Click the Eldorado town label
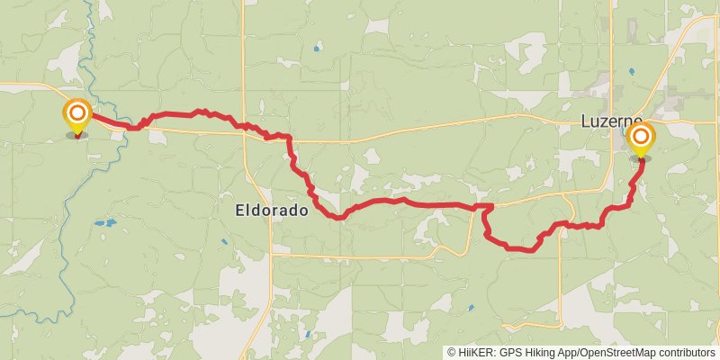(x=271, y=211)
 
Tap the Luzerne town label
(x=612, y=121)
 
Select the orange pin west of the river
(x=77, y=113)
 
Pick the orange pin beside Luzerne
(x=641, y=137)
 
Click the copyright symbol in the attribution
(x=452, y=353)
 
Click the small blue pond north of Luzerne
(x=631, y=71)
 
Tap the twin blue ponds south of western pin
(x=105, y=222)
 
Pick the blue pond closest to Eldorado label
(x=224, y=241)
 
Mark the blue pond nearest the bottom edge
(x=306, y=335)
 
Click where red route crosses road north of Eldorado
(x=245, y=126)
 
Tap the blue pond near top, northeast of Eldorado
(x=316, y=48)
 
